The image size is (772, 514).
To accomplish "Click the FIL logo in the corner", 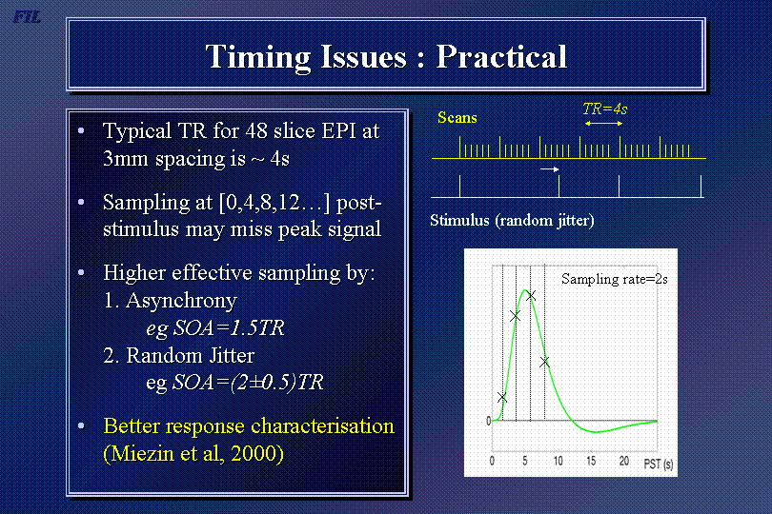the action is coord(27,17).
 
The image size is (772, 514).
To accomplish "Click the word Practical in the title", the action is coord(501,56).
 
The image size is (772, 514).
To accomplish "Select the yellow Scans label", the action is coord(457,118).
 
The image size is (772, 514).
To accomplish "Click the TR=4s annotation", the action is coord(604,109).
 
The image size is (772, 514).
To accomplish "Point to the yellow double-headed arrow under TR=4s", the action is coord(603,124).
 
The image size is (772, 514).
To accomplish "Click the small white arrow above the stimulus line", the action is coord(550,169).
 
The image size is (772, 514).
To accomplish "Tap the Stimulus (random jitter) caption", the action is coord(512,220).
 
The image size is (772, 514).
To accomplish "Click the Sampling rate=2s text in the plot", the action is coord(615,279).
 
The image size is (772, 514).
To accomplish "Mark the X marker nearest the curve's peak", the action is coord(530,295).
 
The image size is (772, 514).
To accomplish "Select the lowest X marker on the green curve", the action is coord(501,398).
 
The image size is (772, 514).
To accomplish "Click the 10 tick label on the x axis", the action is coord(558,461).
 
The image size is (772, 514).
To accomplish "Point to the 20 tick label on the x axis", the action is coord(624,461).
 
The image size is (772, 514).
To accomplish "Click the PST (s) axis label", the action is coord(659,464).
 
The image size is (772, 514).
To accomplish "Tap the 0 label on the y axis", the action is coord(488,421).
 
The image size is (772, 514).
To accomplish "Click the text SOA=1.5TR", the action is coord(230,328).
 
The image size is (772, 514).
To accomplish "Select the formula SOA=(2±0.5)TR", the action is coord(248,383).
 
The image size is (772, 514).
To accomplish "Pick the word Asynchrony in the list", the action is coord(181,301).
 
